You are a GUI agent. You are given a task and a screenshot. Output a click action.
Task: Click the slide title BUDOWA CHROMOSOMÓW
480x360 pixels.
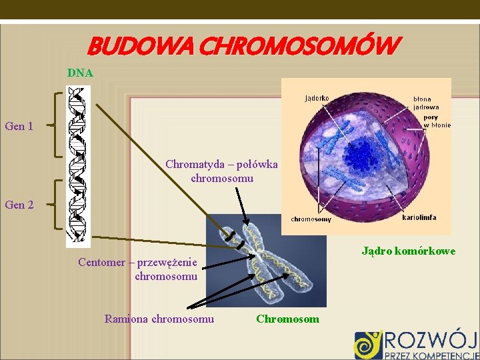coord(244,46)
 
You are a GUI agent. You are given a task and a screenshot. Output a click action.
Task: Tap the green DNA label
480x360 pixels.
coord(80,72)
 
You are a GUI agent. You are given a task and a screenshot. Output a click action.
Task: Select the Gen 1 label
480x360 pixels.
coord(19,125)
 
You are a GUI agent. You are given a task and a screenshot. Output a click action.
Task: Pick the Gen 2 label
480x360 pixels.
coord(19,205)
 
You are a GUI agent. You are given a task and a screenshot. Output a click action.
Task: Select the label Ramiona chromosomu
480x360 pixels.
coord(159,319)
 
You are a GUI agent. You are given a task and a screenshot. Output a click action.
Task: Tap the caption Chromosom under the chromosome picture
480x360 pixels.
coord(287,319)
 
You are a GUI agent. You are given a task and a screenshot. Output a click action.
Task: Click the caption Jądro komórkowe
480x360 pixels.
coord(409,251)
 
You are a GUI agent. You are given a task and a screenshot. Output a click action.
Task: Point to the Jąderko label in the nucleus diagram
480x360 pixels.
coord(316,98)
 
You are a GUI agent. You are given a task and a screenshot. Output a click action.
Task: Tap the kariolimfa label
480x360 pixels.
coord(419,217)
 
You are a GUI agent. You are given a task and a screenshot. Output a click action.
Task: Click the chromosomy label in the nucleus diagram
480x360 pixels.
coord(311,219)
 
